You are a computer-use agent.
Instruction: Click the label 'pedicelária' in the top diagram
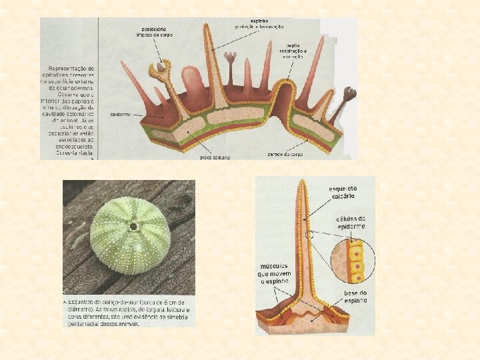155,30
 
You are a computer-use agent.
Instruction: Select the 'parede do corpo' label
285,155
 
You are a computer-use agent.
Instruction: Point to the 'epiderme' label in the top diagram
120,114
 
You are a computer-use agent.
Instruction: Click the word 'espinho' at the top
259,21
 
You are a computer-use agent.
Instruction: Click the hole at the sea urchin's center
134,227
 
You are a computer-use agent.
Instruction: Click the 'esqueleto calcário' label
343,193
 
